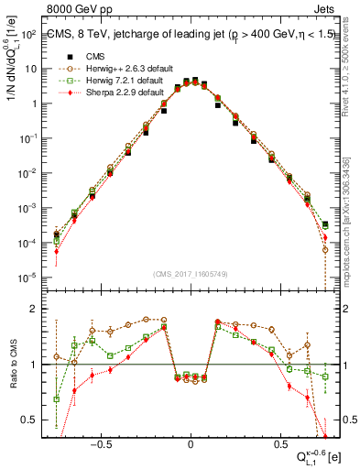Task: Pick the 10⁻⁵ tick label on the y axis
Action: point(28,277)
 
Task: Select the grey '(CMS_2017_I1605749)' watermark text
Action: point(189,274)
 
